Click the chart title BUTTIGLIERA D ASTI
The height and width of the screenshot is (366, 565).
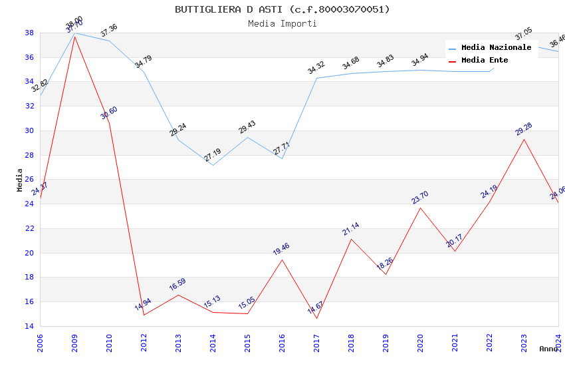[x=282, y=9]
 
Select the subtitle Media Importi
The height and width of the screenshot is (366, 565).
[x=282, y=23]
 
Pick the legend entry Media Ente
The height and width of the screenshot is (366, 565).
[x=485, y=61]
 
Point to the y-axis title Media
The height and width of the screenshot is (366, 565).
[x=20, y=180]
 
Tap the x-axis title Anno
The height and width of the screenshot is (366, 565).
[x=548, y=349]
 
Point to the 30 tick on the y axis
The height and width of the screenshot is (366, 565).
[x=29, y=130]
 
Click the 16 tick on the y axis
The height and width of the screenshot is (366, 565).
[x=29, y=301]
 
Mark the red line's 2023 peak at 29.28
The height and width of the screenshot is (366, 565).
[x=524, y=139]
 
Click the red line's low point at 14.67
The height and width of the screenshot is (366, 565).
[x=316, y=318]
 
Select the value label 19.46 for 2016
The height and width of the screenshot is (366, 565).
[x=281, y=249]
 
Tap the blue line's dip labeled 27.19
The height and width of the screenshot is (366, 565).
[x=213, y=165]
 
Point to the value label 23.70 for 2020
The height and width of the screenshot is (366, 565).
[x=420, y=198]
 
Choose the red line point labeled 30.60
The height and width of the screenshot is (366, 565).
[x=109, y=123]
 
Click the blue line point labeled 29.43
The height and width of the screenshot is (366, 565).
[x=247, y=137]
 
